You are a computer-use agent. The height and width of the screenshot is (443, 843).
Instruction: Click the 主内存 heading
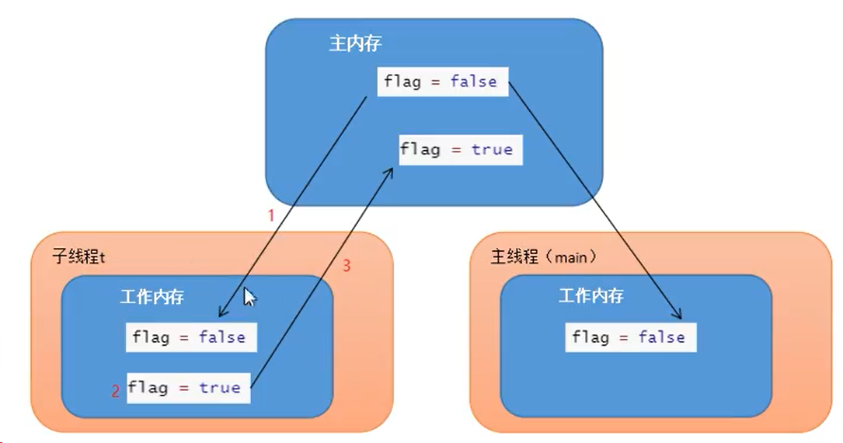[355, 44]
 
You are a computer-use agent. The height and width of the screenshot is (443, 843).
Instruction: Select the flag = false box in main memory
[442, 82]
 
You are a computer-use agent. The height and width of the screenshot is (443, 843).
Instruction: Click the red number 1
[271, 216]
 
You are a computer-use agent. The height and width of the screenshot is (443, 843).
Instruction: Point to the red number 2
[116, 392]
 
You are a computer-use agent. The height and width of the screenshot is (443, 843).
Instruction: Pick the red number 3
[347, 266]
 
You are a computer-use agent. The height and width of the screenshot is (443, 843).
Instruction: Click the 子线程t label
[78, 256]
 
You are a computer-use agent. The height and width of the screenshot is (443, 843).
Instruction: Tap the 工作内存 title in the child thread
[152, 297]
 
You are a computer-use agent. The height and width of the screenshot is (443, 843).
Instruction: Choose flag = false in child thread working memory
[190, 337]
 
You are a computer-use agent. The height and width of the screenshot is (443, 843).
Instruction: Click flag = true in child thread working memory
[188, 387]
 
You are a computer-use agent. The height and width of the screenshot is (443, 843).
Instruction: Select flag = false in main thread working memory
[630, 337]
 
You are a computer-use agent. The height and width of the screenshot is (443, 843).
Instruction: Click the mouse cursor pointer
[249, 298]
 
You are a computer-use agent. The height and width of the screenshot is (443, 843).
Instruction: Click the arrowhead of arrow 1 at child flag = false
[221, 315]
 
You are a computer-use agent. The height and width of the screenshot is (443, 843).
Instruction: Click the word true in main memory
[492, 149]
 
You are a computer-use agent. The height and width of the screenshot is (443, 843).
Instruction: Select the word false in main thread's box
[661, 337]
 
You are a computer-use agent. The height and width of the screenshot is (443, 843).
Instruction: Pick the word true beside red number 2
[219, 387]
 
